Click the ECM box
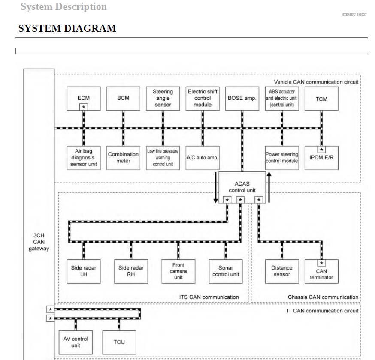click(84, 98)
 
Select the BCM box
click(123, 98)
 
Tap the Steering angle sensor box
click(163, 98)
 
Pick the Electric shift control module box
click(203, 98)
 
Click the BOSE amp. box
click(242, 98)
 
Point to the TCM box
click(321, 99)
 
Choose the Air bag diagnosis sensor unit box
click(84, 158)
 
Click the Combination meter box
click(123, 158)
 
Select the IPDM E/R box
click(321, 158)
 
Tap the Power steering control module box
click(281, 158)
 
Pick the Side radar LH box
click(84, 271)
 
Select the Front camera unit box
click(178, 271)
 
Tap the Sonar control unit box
click(226, 271)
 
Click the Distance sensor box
click(281, 271)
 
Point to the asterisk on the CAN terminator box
click(321, 263)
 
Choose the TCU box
click(119, 342)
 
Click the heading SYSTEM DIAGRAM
click(67, 29)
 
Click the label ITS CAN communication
click(209, 297)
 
